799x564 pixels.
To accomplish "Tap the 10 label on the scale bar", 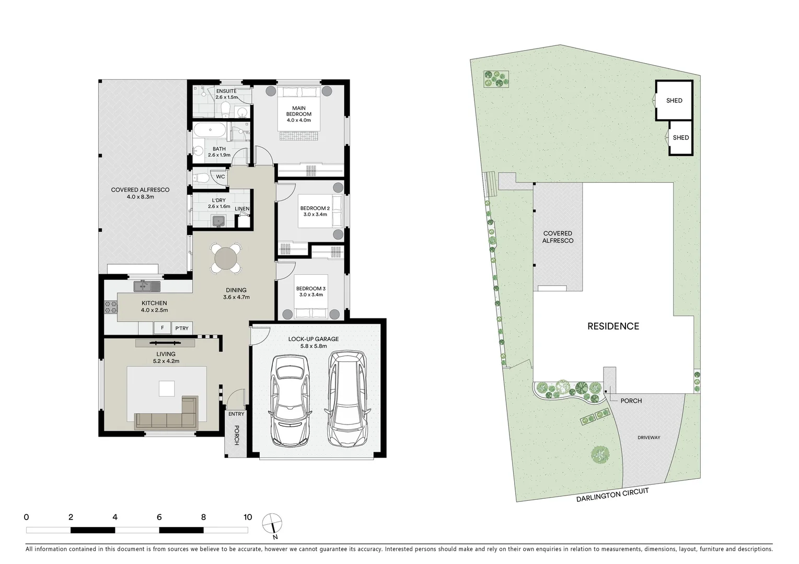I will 248,517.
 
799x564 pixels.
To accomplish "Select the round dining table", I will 226,258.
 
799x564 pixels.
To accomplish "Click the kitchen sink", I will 147,286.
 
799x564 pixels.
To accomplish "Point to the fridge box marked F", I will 163,328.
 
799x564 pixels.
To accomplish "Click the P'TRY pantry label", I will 182,328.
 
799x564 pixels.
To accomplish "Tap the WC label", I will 221,177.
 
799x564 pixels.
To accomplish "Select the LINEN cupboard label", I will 242,209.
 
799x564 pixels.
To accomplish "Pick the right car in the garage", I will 347,398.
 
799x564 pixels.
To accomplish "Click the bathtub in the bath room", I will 210,131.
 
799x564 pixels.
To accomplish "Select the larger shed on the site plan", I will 674,100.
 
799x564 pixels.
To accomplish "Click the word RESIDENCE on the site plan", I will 613,326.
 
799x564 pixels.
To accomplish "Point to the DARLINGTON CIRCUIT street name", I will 612,495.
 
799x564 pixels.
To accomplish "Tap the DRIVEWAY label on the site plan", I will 649,438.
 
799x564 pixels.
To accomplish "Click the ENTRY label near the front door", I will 236,414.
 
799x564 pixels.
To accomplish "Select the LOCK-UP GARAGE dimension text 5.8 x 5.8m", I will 314,346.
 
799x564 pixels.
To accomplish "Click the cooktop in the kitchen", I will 111,307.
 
